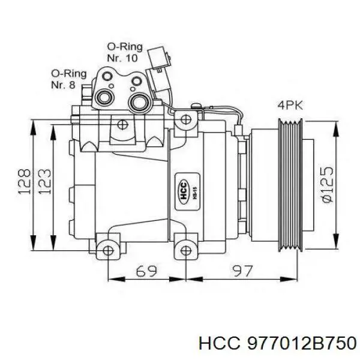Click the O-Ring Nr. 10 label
tap(122, 53)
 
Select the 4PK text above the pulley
tap(290, 105)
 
